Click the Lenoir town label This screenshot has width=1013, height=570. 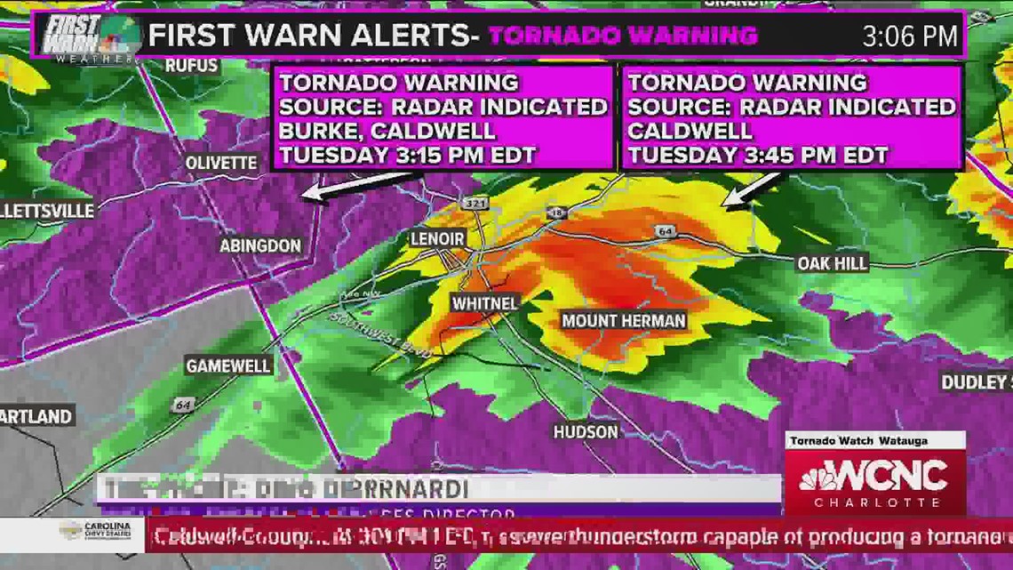437,239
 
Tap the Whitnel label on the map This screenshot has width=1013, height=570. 484,303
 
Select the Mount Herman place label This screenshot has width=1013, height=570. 623,320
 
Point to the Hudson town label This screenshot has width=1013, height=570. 586,432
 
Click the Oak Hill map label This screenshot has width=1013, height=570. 832,263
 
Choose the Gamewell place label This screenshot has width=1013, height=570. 228,365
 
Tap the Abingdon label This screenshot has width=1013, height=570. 260,245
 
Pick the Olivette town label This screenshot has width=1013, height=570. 221,163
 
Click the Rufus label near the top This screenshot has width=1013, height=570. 191,65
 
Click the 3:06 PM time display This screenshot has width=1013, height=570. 910,36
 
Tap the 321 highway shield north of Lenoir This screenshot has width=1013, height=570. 475,204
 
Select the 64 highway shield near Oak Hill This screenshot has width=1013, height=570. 666,232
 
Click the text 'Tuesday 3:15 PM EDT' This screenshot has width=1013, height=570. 408,155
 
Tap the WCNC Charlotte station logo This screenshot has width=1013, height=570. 874,483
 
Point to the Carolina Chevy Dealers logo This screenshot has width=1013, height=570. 97,533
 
